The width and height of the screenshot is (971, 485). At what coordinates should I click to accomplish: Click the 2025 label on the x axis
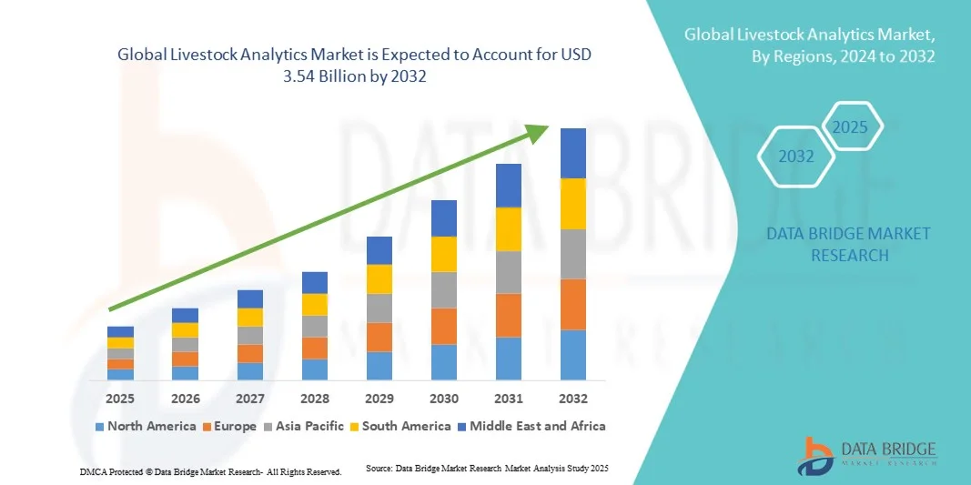point(120,399)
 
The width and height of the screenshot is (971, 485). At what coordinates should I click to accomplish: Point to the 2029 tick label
point(379,399)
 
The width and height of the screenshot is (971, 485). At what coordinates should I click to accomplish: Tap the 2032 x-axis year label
point(572,399)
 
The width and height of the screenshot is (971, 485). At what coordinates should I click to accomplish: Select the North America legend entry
point(145,426)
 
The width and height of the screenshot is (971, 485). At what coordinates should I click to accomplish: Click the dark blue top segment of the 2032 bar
point(572,153)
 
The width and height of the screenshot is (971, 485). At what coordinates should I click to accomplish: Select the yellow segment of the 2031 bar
point(508,229)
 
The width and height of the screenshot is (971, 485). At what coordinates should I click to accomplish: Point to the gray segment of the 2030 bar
point(443,289)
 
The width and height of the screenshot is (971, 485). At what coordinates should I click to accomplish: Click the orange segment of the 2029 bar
point(379,337)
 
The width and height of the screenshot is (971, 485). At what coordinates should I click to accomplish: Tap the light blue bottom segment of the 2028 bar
point(314,369)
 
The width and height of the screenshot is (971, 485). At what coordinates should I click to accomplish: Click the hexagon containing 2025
point(851,127)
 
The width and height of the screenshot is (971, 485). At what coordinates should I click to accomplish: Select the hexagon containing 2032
point(796,157)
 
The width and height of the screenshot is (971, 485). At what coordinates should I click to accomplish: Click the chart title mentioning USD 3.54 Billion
point(355,66)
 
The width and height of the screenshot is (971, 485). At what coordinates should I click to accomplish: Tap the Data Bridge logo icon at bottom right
point(815,456)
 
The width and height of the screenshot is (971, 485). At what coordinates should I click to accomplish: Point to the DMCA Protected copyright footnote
point(210,472)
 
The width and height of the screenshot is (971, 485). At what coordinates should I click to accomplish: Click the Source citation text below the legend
point(486,468)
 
